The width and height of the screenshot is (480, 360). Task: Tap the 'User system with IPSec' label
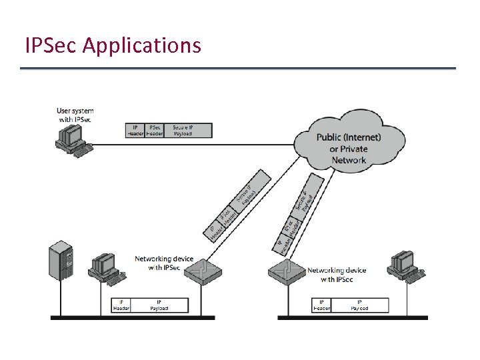pos(75,115)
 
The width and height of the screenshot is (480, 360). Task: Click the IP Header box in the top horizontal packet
pos(135,130)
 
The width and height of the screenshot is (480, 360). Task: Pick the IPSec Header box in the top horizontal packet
pos(155,130)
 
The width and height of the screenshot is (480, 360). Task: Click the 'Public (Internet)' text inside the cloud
pos(349,137)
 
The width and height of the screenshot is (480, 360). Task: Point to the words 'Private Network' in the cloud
pos(349,155)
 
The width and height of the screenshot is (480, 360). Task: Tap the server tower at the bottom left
pos(60,265)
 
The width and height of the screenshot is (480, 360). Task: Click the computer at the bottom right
pos(405,264)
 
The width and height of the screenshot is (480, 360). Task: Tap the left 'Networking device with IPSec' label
pos(157,263)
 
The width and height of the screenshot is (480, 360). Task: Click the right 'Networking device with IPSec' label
pos(337,275)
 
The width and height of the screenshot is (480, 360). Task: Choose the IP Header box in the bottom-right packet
pos(321,305)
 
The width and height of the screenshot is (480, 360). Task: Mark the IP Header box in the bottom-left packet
pos(121,305)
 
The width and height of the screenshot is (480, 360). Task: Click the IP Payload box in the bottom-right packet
pos(359,305)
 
